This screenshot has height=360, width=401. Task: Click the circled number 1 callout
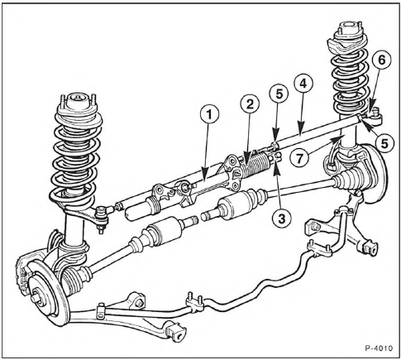210,114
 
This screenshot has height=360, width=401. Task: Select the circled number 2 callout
250,104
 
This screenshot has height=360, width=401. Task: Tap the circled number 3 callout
281,219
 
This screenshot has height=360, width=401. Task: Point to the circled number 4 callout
303,84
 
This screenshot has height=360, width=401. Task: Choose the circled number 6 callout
381,60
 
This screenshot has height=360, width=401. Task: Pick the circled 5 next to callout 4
279,94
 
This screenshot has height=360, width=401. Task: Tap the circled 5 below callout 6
385,143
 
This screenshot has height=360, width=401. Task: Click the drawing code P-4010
379,348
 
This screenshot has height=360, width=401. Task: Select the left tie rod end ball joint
103,217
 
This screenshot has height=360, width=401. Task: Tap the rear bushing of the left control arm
174,332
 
